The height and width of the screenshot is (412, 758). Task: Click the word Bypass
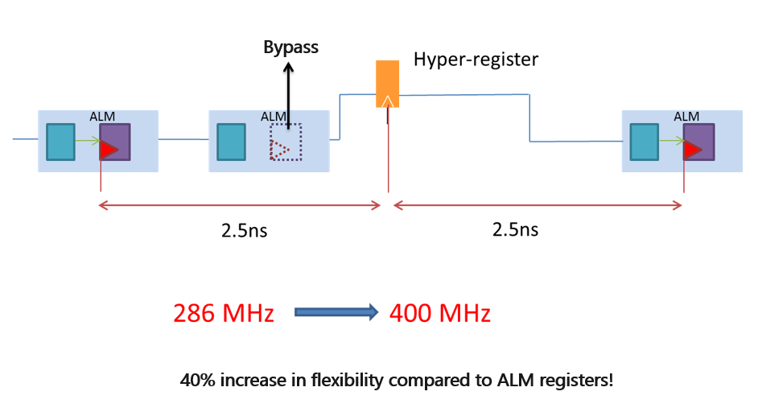(290, 47)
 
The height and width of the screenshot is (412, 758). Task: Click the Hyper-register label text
(476, 59)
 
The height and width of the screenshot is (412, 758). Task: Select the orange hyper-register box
(388, 83)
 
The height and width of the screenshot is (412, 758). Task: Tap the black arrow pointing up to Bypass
(287, 97)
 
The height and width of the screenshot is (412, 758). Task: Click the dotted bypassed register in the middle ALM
(286, 142)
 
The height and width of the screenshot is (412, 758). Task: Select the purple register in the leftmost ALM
(114, 142)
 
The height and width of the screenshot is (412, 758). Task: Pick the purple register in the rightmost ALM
(698, 142)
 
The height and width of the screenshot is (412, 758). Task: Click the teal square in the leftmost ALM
(60, 142)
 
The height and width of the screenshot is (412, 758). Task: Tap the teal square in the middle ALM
(232, 142)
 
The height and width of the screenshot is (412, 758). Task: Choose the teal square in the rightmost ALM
(645, 142)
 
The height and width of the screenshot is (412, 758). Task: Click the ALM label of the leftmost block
(102, 117)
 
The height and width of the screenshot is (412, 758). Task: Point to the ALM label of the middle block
(274, 117)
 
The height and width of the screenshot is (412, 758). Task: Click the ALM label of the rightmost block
(686, 117)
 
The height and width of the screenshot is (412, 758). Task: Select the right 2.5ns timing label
(515, 229)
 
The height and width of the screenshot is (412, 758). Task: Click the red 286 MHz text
(224, 313)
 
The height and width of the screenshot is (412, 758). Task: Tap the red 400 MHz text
(439, 313)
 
